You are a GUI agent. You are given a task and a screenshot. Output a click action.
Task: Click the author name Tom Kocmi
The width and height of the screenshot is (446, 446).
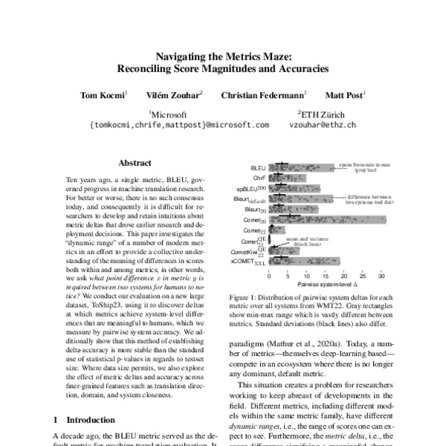(103, 96)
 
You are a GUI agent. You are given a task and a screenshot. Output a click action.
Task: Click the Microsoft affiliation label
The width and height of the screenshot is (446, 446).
(173, 114)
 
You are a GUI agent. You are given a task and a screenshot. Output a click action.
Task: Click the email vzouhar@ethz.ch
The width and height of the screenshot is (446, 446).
(322, 126)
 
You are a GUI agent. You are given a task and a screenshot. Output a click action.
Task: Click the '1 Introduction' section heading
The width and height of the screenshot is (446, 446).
(86, 420)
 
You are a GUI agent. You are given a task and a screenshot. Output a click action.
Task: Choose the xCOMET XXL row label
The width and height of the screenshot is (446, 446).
(253, 262)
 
